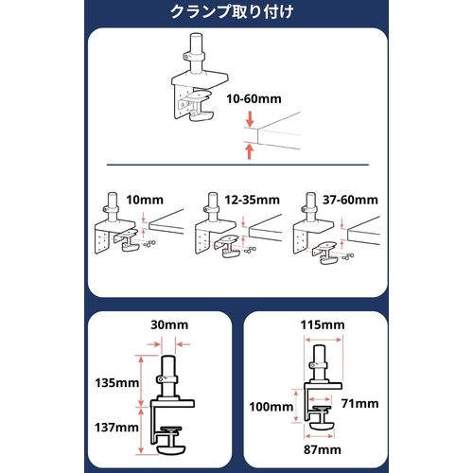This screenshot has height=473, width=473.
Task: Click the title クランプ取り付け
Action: click(x=232, y=12)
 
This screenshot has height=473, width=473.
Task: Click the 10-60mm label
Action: click(x=254, y=98)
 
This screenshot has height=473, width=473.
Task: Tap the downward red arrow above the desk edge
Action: click(x=250, y=120)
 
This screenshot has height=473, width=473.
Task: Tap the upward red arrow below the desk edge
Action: click(x=250, y=151)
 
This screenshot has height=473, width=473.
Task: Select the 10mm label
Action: click(x=145, y=200)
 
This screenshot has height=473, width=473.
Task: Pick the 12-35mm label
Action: click(x=253, y=200)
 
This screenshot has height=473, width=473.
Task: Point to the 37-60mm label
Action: click(x=350, y=200)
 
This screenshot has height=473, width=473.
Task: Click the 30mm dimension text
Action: click(x=169, y=324)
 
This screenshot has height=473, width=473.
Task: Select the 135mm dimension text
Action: click(x=117, y=383)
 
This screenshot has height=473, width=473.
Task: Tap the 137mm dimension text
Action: click(x=116, y=428)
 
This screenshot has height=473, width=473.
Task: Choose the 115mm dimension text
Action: click(x=323, y=324)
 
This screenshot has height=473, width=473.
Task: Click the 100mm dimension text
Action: click(x=272, y=407)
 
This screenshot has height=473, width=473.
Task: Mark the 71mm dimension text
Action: click(x=360, y=404)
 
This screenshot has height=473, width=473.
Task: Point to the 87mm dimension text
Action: click(x=323, y=449)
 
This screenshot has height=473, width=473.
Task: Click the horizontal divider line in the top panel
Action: click(x=237, y=165)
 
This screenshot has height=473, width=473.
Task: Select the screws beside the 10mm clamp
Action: click(x=148, y=243)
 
